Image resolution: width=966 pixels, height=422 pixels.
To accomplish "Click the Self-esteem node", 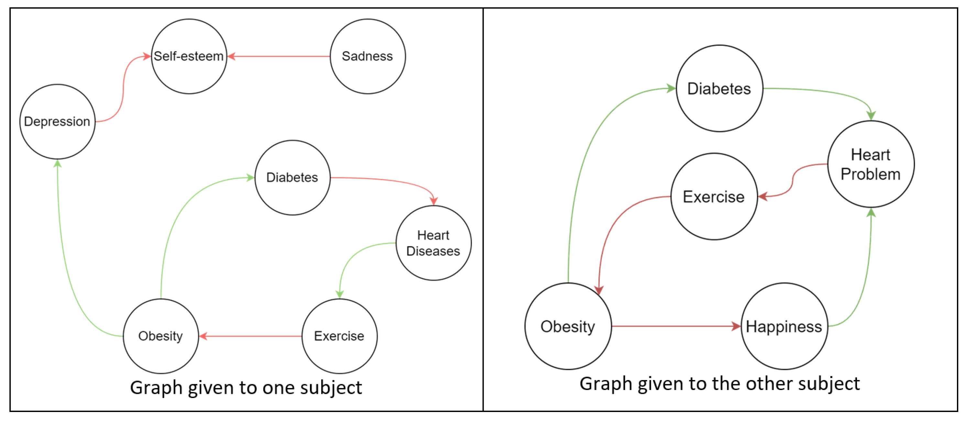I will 189,57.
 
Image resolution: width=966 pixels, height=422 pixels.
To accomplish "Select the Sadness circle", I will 368,57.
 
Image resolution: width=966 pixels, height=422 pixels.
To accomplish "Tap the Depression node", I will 57,122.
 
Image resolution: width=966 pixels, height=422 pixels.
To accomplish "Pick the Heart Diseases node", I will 434,243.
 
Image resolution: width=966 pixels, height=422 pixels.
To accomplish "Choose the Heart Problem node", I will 871,164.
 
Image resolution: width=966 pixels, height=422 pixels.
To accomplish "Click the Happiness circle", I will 784,326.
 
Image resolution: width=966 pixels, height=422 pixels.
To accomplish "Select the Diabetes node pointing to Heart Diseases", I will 292,178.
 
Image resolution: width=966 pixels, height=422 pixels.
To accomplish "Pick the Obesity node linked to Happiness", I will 568,326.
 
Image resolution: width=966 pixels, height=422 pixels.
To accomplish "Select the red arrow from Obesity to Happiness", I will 675,326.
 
